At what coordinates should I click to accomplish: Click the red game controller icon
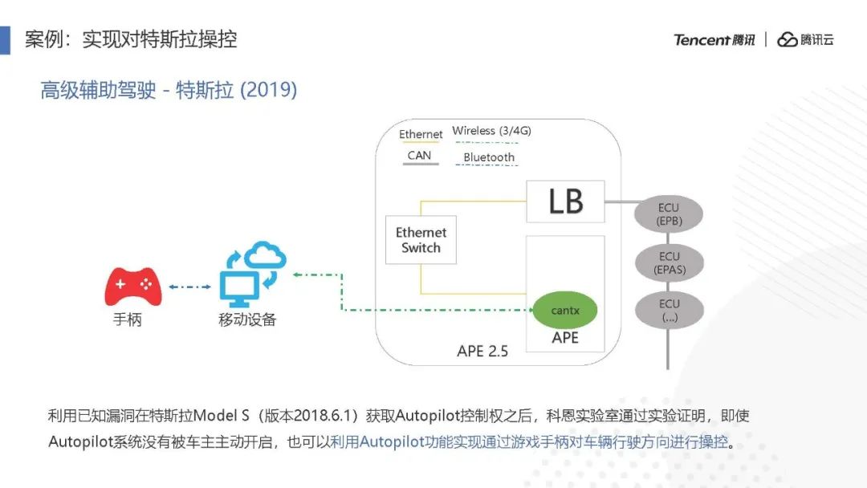pyautogui.click(x=133, y=287)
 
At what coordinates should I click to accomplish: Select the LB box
pyautogui.click(x=565, y=201)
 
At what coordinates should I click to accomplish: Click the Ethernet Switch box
pyautogui.click(x=421, y=240)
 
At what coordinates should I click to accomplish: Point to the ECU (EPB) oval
pyautogui.click(x=669, y=214)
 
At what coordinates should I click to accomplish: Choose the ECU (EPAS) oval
pyautogui.click(x=669, y=263)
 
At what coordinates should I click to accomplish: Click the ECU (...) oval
pyautogui.click(x=669, y=311)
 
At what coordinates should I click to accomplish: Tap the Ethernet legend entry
pyautogui.click(x=421, y=135)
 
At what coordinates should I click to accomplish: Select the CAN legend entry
pyautogui.click(x=419, y=156)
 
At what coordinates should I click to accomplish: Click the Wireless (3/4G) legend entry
pyautogui.click(x=491, y=131)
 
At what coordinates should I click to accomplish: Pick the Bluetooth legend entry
pyautogui.click(x=489, y=157)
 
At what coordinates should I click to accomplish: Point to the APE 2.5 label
pyautogui.click(x=482, y=351)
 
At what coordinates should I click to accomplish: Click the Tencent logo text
pyautogui.click(x=714, y=40)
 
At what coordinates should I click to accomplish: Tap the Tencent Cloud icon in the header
pyautogui.click(x=787, y=40)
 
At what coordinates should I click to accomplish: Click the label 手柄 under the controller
pyautogui.click(x=127, y=319)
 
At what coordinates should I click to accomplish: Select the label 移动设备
pyautogui.click(x=247, y=319)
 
